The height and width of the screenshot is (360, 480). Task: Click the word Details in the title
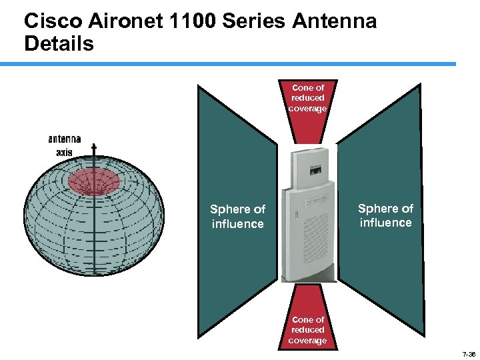(x=59, y=44)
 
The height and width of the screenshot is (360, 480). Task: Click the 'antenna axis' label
(x=64, y=145)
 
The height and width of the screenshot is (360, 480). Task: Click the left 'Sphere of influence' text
(x=237, y=217)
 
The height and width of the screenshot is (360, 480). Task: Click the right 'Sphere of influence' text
(x=385, y=215)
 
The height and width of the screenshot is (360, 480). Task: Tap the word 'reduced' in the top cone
(x=308, y=98)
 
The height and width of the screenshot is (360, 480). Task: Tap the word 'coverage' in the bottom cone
(x=307, y=341)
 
